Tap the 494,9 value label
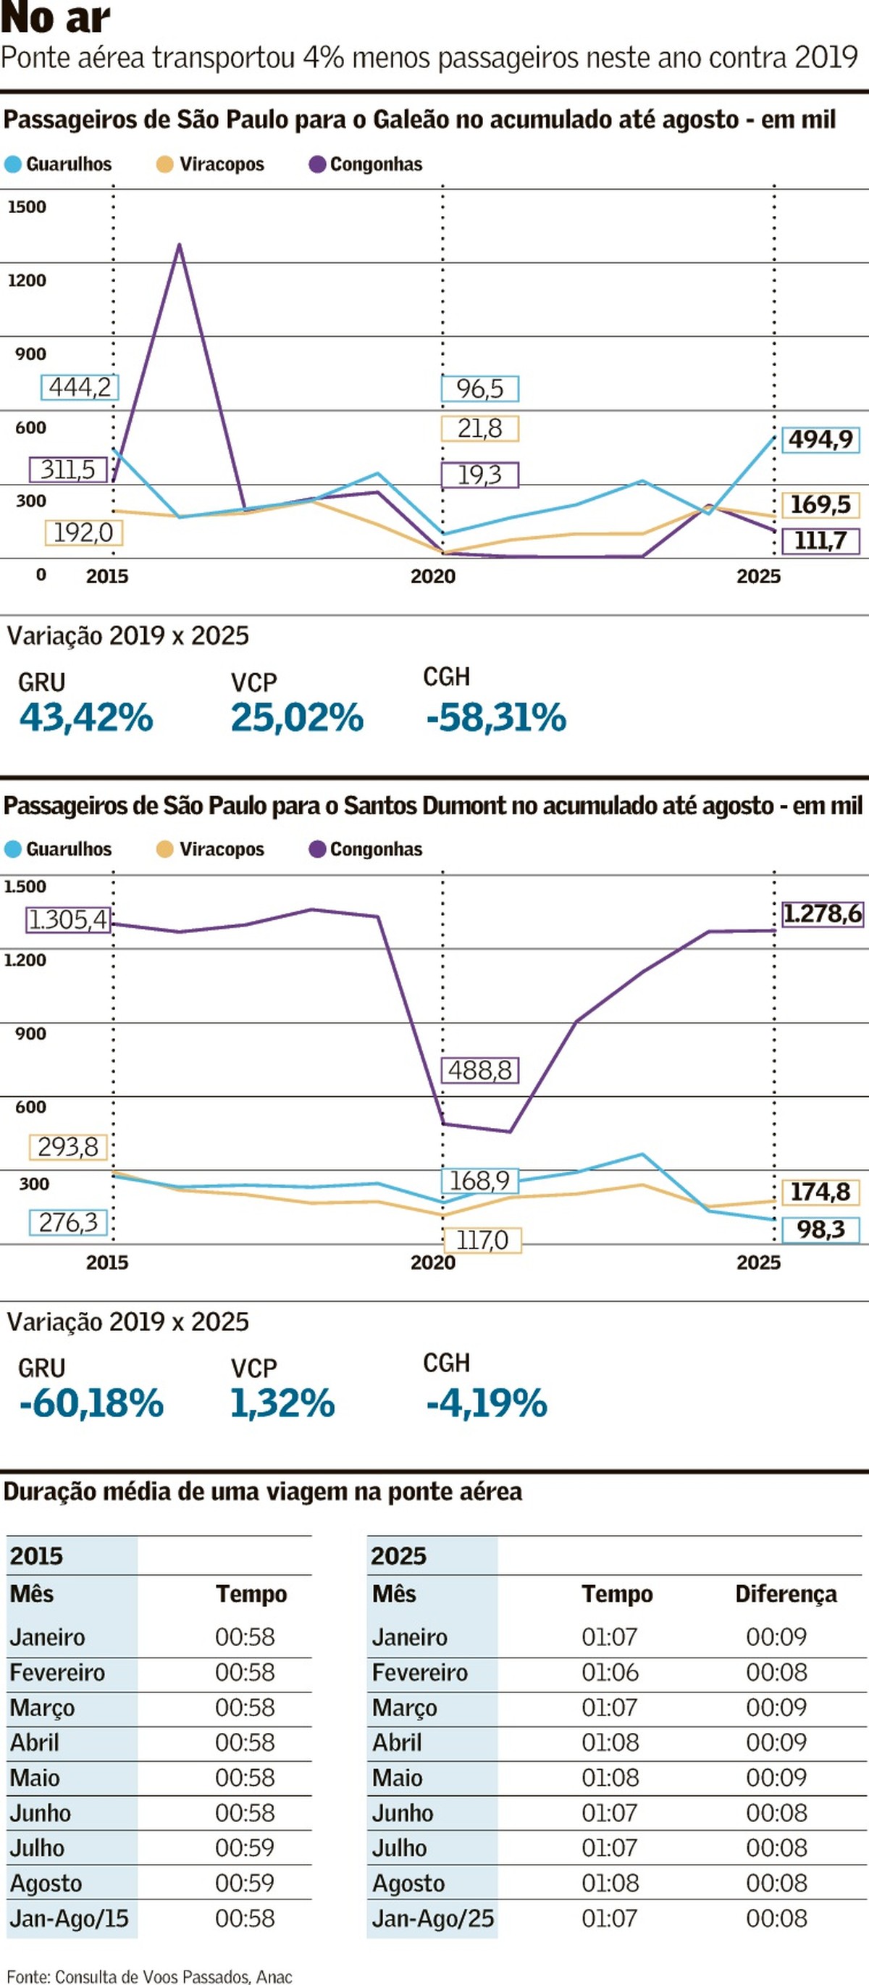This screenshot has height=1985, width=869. coord(820,439)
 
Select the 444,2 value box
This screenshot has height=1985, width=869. coord(80,387)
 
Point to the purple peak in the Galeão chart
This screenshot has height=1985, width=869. coord(180,245)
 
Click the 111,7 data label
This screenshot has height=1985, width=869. coord(820,540)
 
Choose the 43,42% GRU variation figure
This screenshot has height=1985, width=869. coord(86,717)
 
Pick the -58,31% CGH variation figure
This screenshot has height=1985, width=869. coord(496,717)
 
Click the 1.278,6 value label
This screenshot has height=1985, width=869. coord(822,914)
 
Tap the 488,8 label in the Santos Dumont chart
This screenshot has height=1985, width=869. coord(480,1070)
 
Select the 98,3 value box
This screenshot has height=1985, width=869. coord(820,1229)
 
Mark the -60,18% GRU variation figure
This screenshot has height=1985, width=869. coord(91,1403)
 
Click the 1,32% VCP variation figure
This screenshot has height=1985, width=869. coord(282,1403)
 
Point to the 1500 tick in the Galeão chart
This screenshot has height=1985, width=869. coord(27,206)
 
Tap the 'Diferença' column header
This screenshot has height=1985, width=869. coord(786,1594)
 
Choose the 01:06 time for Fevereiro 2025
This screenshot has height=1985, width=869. coord(609,1672)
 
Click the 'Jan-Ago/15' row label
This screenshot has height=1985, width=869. coord(69,1918)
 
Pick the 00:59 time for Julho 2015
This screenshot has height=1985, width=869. coord(245,1848)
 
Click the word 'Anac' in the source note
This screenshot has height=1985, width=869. coord(274,1976)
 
